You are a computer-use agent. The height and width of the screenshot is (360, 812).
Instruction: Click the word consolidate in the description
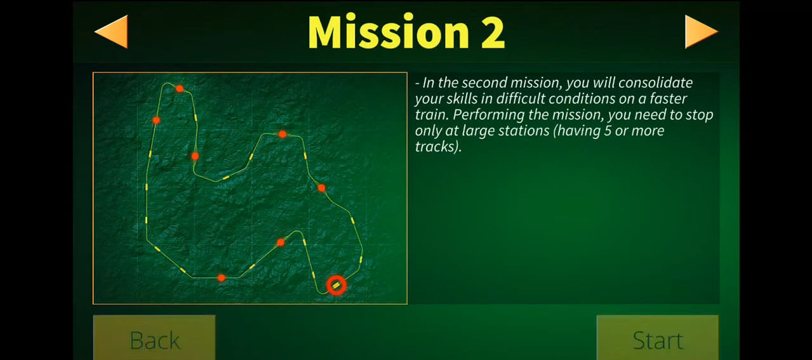click(x=655, y=83)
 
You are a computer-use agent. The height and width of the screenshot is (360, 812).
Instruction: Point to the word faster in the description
click(x=668, y=98)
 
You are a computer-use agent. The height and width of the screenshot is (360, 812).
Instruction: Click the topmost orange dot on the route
click(x=180, y=88)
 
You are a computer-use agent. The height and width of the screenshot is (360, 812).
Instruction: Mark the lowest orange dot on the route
click(x=222, y=278)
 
